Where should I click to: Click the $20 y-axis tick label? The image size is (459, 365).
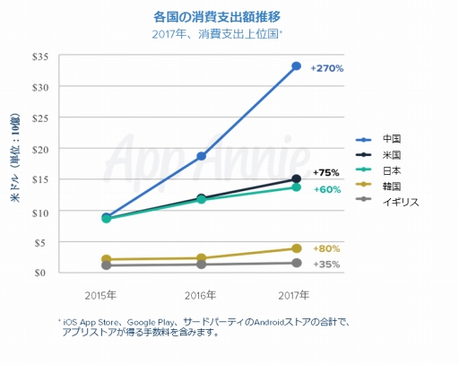[x=39, y=149]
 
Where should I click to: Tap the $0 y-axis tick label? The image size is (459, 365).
[x=42, y=272]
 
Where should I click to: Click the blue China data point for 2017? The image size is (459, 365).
[x=296, y=65]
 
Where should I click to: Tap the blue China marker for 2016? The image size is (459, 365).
[x=201, y=156]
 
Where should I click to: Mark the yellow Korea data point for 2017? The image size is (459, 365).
[x=296, y=248]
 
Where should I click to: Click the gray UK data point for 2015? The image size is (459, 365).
[x=106, y=265]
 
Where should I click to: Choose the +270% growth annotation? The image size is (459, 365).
[x=327, y=68]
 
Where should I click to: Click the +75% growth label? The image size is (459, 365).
[x=325, y=173]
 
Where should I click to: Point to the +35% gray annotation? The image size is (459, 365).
[x=326, y=265]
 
